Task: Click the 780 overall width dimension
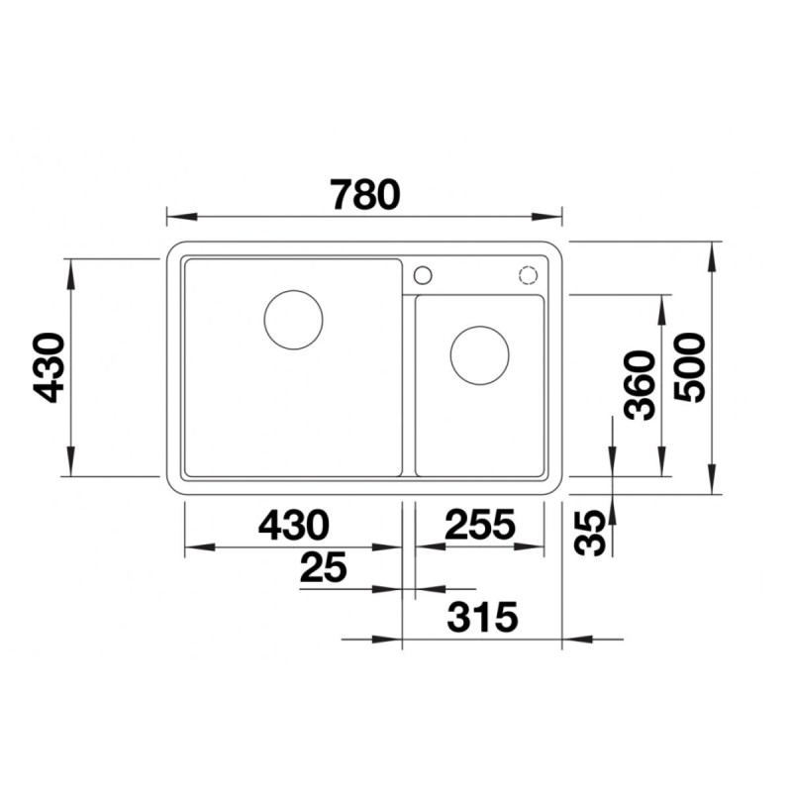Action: pyautogui.click(x=365, y=195)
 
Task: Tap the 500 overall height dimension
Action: pyautogui.click(x=689, y=367)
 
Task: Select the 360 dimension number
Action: pyautogui.click(x=640, y=385)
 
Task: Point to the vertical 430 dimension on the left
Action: pyautogui.click(x=49, y=367)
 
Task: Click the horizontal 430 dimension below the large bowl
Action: pyautogui.click(x=293, y=525)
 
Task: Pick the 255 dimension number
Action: pyautogui.click(x=480, y=524)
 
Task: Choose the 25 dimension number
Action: pyautogui.click(x=324, y=566)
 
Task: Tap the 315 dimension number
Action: pyautogui.click(x=482, y=617)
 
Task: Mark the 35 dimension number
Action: pyautogui.click(x=590, y=533)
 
